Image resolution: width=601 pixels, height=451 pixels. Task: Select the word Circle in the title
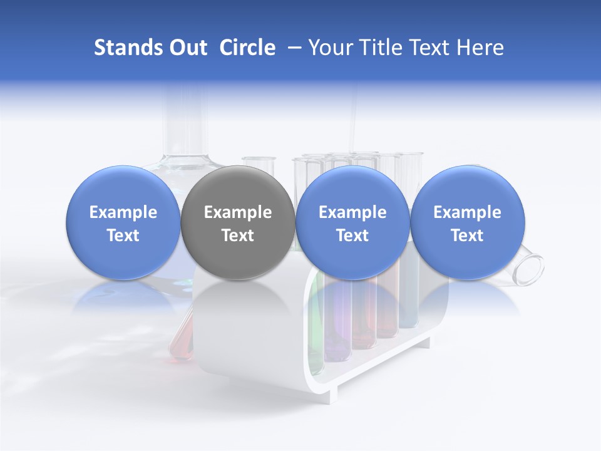pyautogui.click(x=247, y=48)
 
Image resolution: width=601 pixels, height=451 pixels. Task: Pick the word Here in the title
pyautogui.click(x=481, y=48)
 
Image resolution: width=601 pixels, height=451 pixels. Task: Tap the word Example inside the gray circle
pyautogui.click(x=237, y=212)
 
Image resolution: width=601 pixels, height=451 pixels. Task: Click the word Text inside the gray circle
pyautogui.click(x=237, y=236)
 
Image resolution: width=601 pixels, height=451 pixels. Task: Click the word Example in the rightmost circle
pyautogui.click(x=467, y=212)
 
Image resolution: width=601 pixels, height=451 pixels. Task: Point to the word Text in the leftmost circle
pyautogui.click(x=123, y=236)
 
